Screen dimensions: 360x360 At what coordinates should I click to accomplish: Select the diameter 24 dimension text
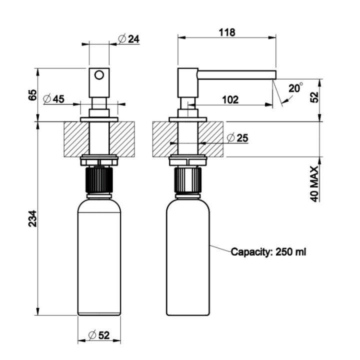point(129,38)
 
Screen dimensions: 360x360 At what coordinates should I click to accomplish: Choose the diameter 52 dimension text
point(99,335)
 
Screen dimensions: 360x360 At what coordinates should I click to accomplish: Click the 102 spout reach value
point(229,99)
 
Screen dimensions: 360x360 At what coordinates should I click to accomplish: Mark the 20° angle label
point(295,89)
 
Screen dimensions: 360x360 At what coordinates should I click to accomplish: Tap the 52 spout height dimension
point(314,96)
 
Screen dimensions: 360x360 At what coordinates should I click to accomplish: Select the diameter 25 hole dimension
point(237,138)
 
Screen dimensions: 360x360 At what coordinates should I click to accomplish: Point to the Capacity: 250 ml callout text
point(268,252)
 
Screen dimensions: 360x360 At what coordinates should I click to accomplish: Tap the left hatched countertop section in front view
point(75,139)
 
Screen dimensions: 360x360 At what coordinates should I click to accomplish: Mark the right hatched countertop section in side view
point(212,139)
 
